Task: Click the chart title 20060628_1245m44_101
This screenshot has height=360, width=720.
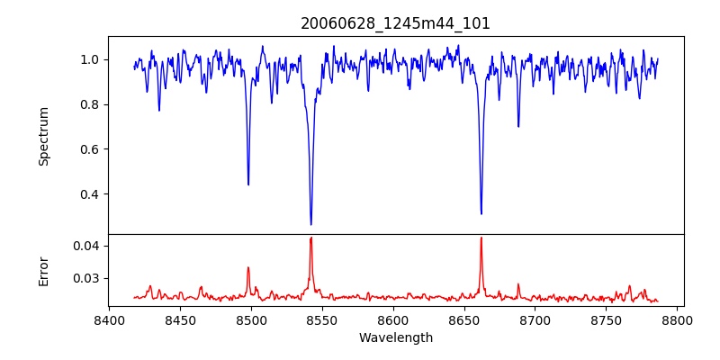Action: tap(395, 23)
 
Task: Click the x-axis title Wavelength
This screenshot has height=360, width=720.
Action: tap(395, 337)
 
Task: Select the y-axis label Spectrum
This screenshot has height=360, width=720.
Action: tap(43, 136)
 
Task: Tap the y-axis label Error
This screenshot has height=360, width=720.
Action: tap(43, 270)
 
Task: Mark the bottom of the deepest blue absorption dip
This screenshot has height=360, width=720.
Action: tap(310, 224)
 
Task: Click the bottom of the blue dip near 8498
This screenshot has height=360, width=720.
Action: tap(248, 184)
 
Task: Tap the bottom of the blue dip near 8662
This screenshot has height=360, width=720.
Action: tap(481, 213)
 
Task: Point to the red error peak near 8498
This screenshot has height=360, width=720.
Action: tap(248, 267)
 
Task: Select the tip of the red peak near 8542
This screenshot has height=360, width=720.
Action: tap(310, 238)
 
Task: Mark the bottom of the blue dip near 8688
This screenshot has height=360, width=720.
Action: tap(518, 126)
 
